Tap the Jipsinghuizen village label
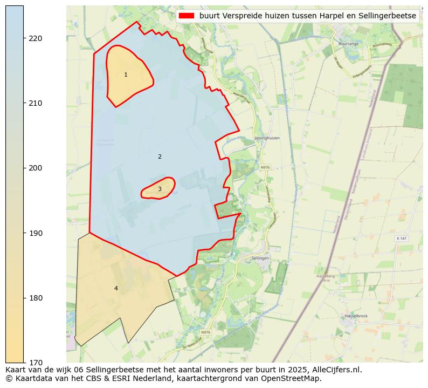pos(266,138)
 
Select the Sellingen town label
pos(260,258)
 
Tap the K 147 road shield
pos(402,238)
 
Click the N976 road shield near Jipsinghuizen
pos(265,168)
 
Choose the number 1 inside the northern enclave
pos(126,75)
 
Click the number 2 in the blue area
pos(160,156)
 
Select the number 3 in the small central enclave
pos(160,189)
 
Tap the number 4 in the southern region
pos(115,288)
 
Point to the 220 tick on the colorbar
pos(36,38)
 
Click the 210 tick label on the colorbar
pos(36,103)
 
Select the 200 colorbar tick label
pos(36,168)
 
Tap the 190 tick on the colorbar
pos(36,233)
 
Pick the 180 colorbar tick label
pos(36,298)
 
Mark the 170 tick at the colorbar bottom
pos(36,363)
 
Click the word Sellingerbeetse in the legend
pos(389,16)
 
